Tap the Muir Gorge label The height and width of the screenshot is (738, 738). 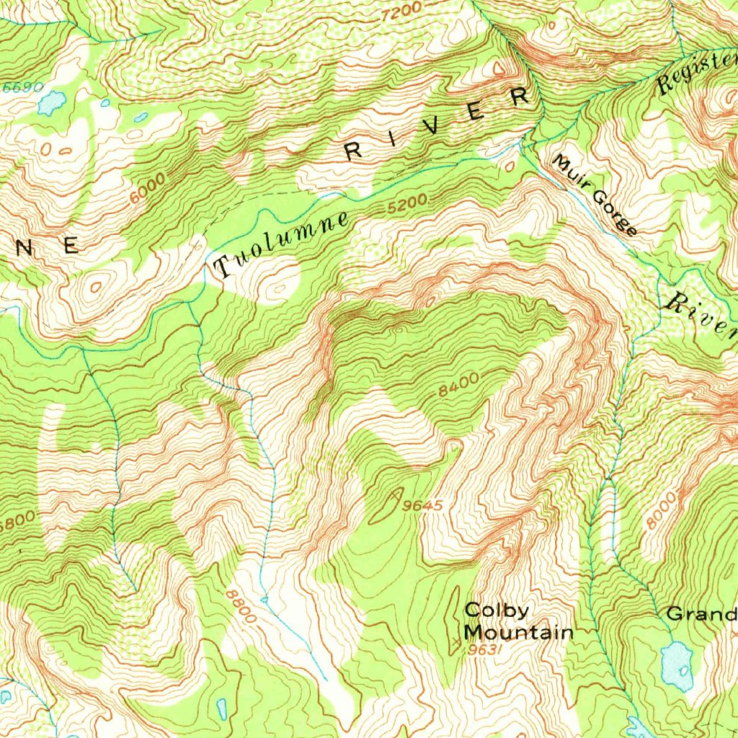595,195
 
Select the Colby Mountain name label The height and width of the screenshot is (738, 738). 517,621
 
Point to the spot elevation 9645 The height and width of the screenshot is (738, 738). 422,506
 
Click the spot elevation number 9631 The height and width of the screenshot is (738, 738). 484,650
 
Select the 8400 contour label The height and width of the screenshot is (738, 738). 458,389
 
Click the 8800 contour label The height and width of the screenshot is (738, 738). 240,607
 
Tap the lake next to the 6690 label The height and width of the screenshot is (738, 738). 51,103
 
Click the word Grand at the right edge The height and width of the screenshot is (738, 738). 701,614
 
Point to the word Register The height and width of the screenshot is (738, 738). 696,72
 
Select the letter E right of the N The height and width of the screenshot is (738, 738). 71,246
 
